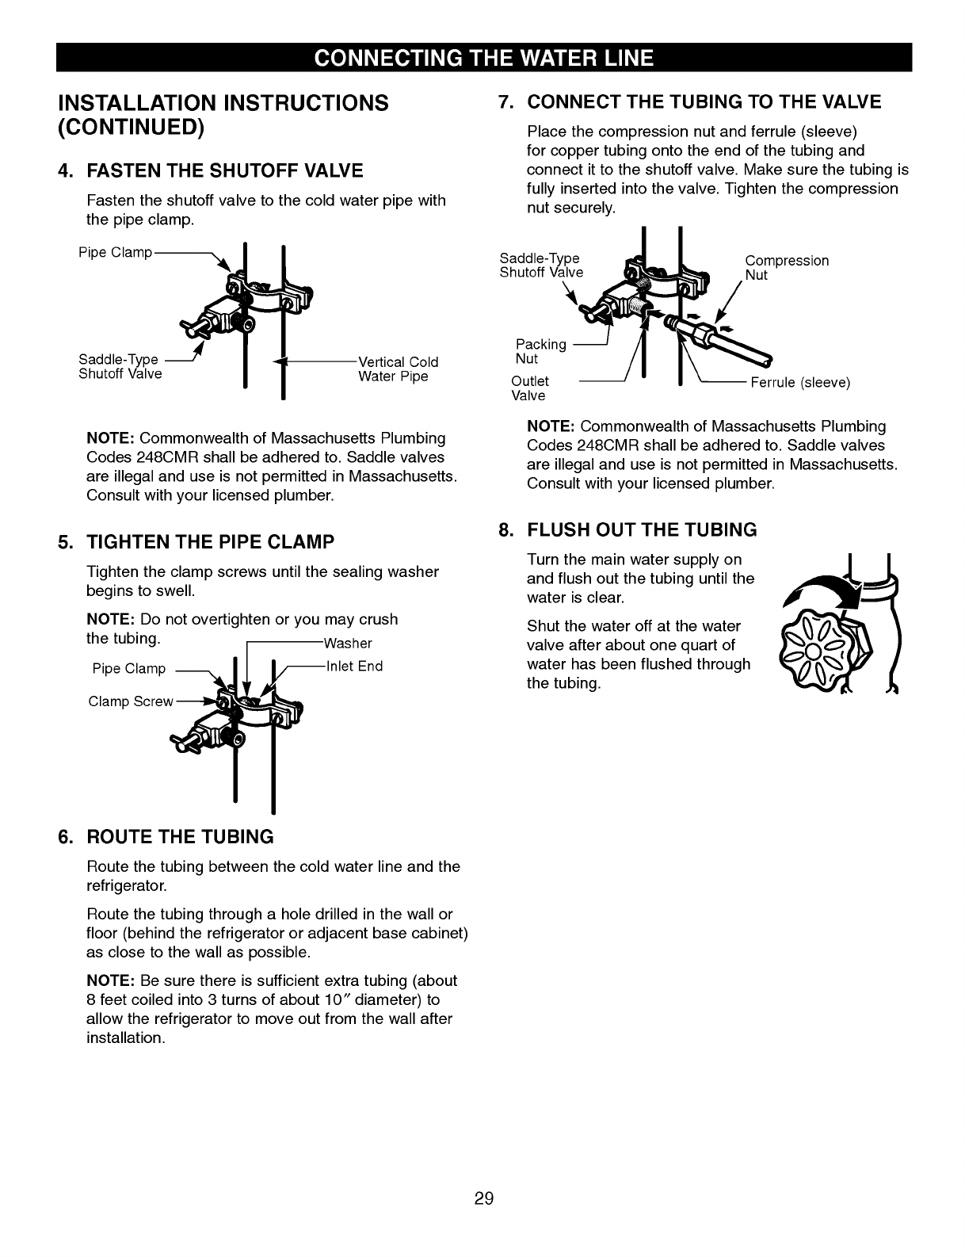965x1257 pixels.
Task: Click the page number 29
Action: pos(484,1198)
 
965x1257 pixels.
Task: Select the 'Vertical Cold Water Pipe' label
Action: pos(398,369)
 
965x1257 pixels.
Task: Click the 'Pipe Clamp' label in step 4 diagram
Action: pos(115,253)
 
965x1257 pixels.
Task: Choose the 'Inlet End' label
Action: pos(354,666)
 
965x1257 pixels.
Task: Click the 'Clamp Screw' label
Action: pos(131,701)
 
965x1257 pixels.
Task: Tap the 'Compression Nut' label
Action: pos(787,268)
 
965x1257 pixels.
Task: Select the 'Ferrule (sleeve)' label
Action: pos(800,383)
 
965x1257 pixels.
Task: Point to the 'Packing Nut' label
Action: pos(540,351)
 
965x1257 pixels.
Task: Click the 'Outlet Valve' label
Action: pos(530,388)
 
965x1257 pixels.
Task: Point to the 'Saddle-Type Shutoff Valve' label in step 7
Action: pos(541,266)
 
